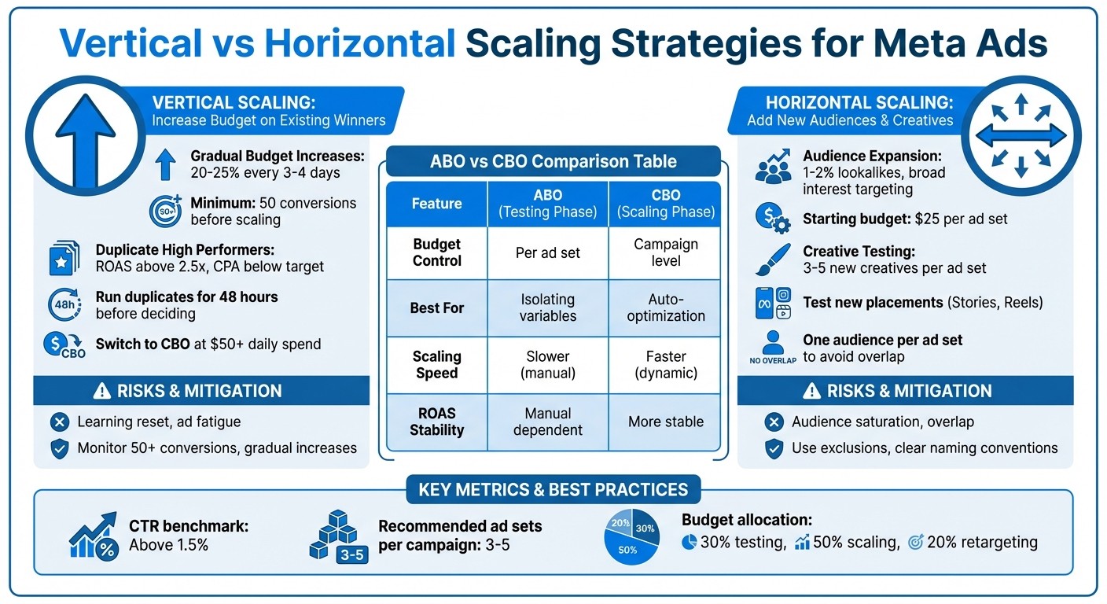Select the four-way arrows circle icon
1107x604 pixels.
1021,134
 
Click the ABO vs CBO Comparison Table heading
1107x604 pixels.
553,161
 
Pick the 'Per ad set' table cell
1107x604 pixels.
548,252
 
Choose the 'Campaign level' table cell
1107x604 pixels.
665,252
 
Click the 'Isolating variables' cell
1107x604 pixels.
548,308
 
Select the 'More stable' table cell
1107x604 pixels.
665,422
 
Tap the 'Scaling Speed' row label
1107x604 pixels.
436,364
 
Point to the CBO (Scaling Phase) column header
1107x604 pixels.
665,204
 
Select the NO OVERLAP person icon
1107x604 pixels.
773,347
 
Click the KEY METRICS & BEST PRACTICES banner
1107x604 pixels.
553,490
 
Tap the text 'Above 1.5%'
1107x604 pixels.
168,544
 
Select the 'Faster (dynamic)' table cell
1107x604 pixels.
665,364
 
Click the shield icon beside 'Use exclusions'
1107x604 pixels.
774,448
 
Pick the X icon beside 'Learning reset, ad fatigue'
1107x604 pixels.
59,422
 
